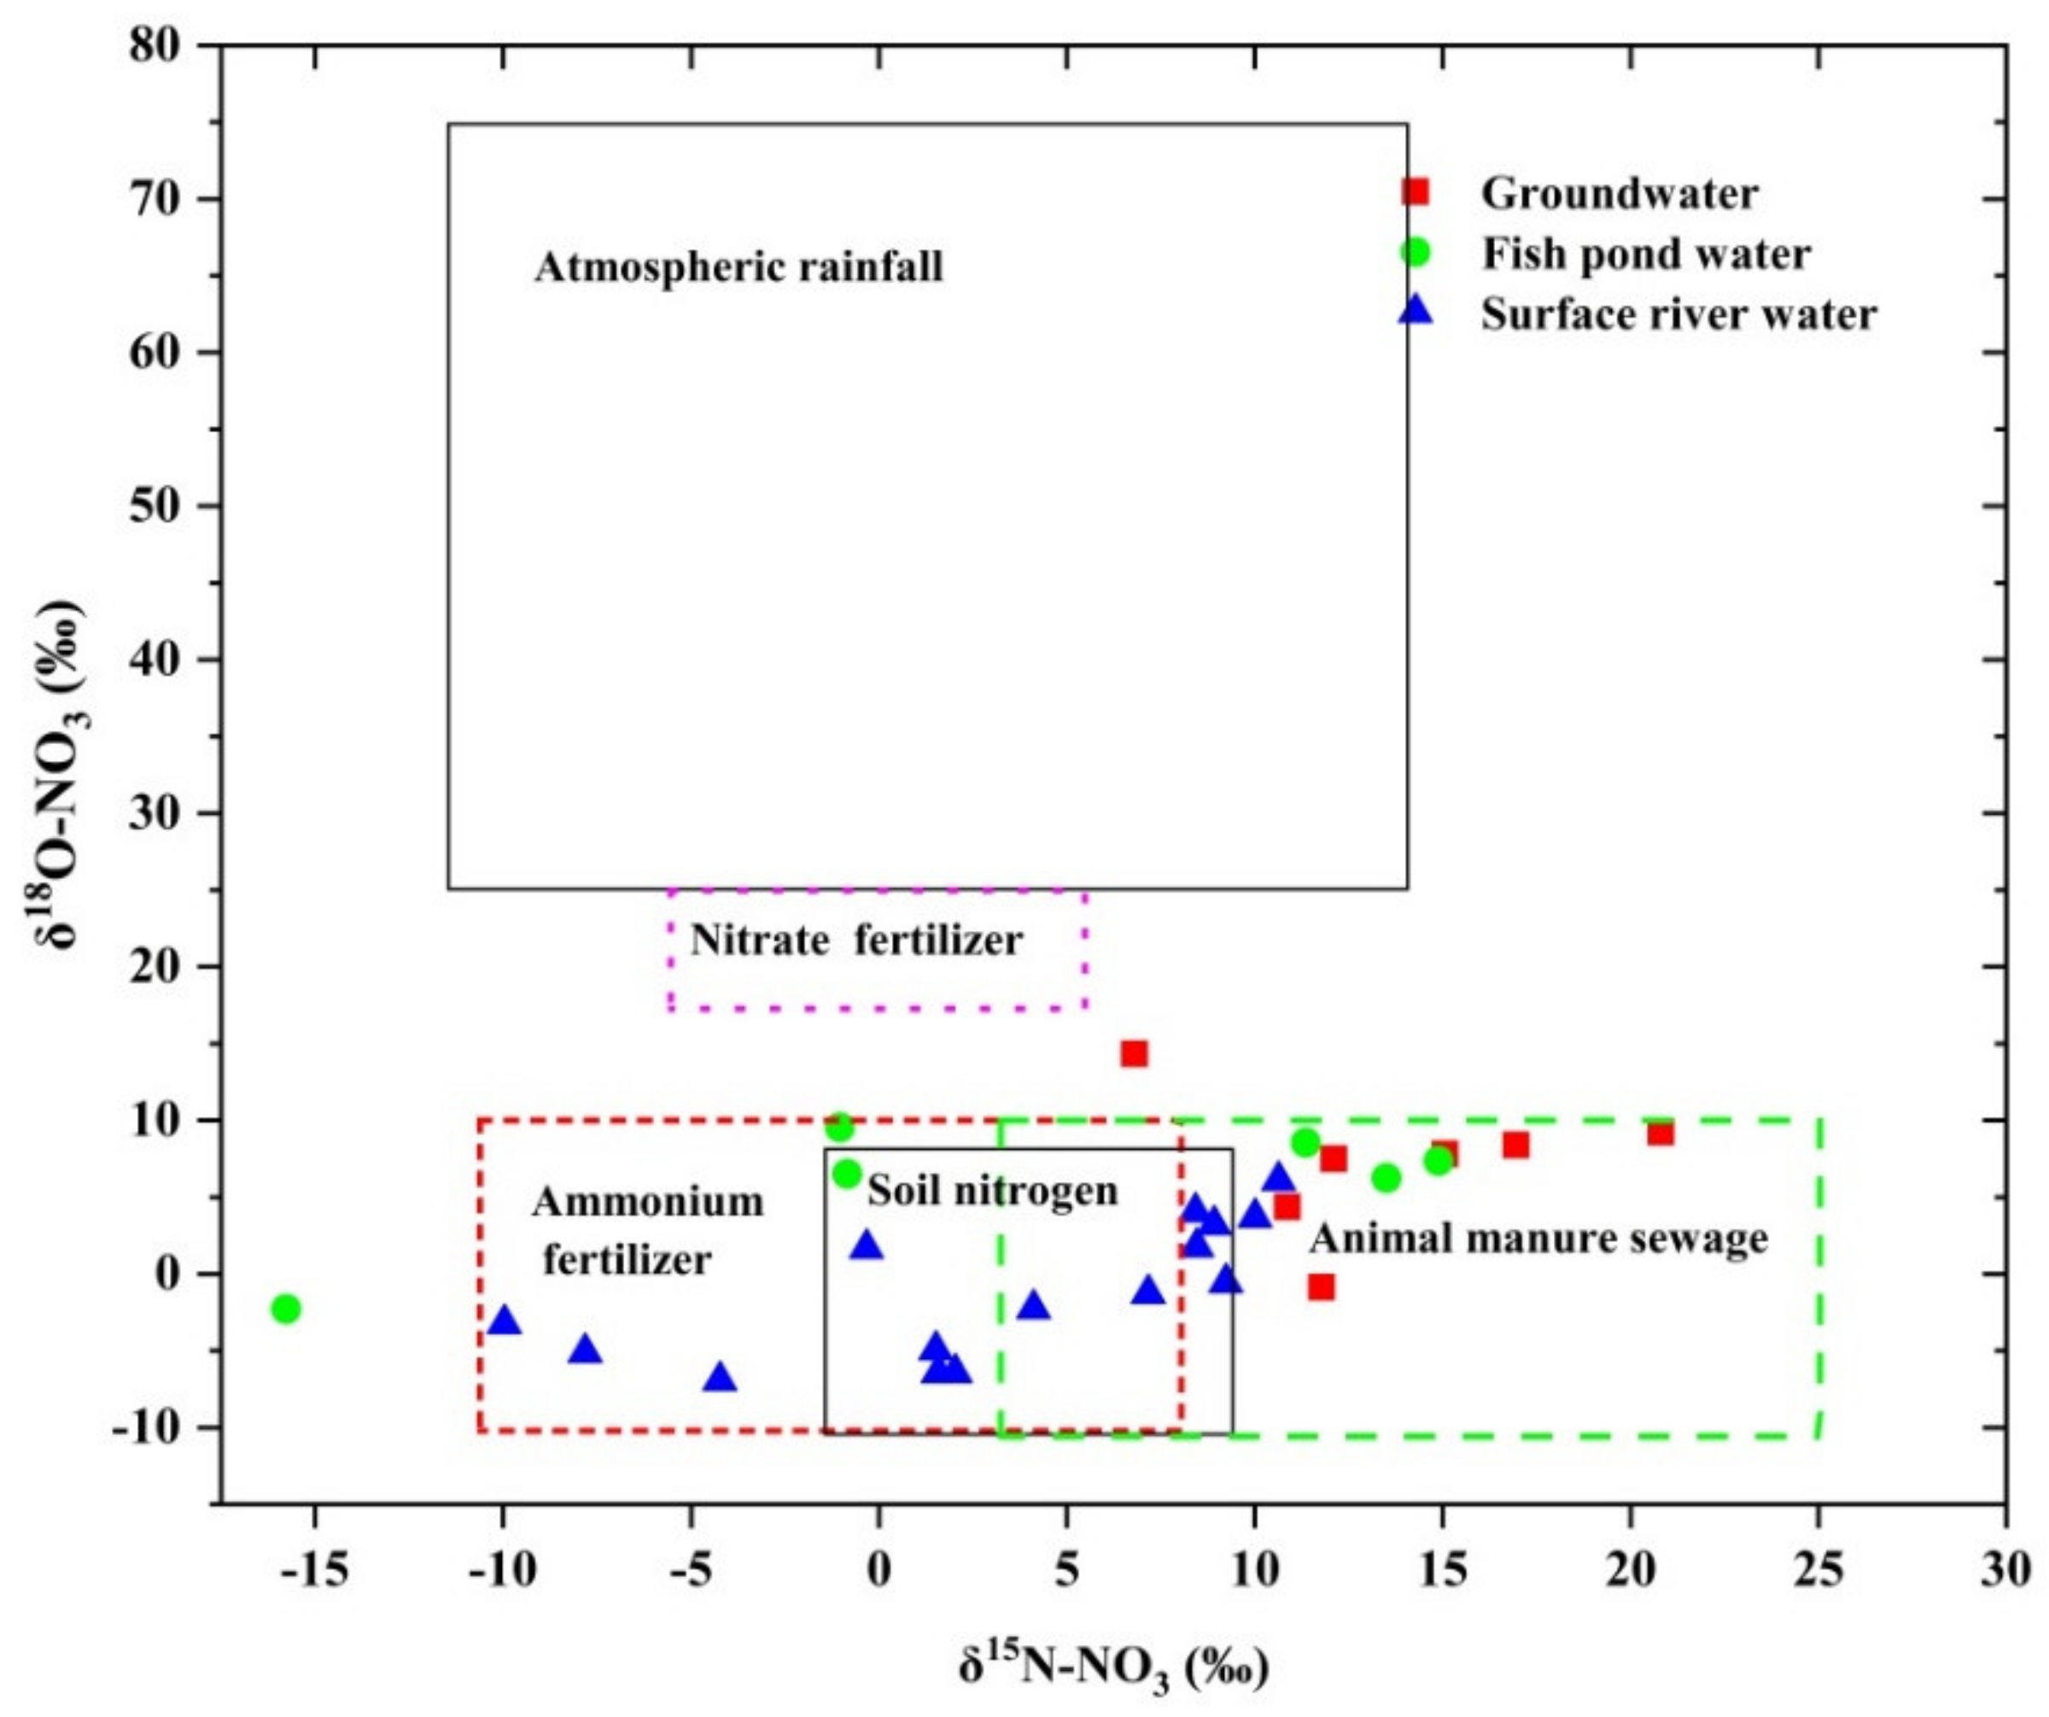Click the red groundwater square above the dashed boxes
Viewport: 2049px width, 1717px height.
(1134, 1053)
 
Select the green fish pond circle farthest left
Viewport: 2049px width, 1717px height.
(285, 1309)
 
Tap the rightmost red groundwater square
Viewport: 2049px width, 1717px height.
(1661, 1134)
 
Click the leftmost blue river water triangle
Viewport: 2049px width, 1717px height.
(505, 1321)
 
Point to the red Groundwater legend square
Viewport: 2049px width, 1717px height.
(1415, 192)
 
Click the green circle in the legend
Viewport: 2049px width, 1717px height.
(1415, 253)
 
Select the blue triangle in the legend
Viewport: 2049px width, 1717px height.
(1415, 313)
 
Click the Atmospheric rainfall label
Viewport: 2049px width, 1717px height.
(738, 267)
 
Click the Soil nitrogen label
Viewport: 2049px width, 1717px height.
(992, 1191)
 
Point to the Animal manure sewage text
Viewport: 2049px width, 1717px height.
(1538, 1239)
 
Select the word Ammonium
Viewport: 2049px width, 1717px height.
(648, 1202)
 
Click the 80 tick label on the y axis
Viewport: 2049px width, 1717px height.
(156, 45)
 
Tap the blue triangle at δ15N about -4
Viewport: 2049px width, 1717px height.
(720, 1378)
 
